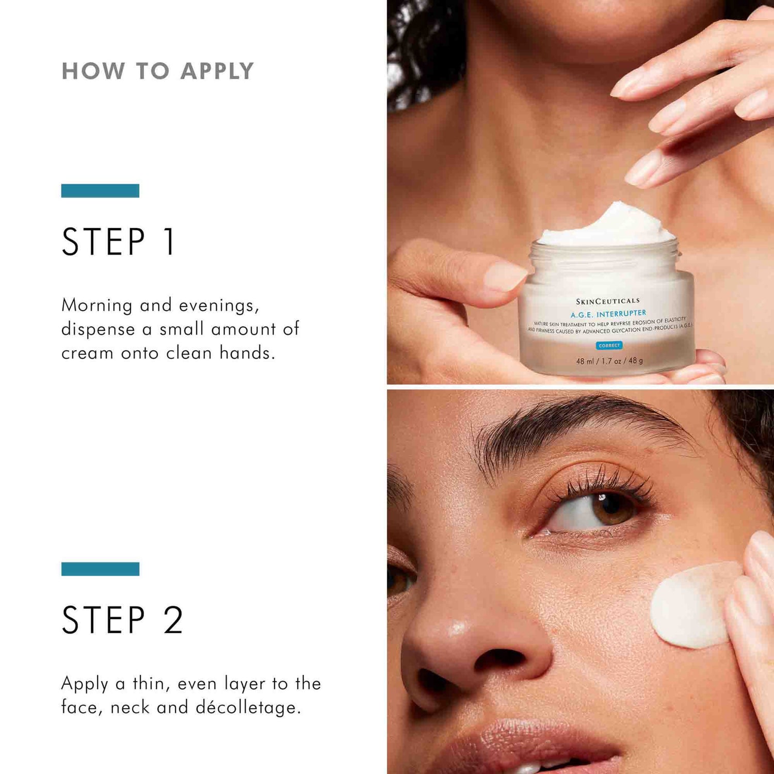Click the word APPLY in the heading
click(217, 71)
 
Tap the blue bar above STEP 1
click(100, 190)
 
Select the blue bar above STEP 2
click(100, 569)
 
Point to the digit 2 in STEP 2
click(173, 620)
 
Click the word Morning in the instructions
click(97, 305)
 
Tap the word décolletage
click(248, 707)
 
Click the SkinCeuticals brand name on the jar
click(607, 301)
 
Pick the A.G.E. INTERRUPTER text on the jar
click(608, 314)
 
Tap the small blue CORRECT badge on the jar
click(609, 345)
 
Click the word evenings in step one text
click(219, 305)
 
